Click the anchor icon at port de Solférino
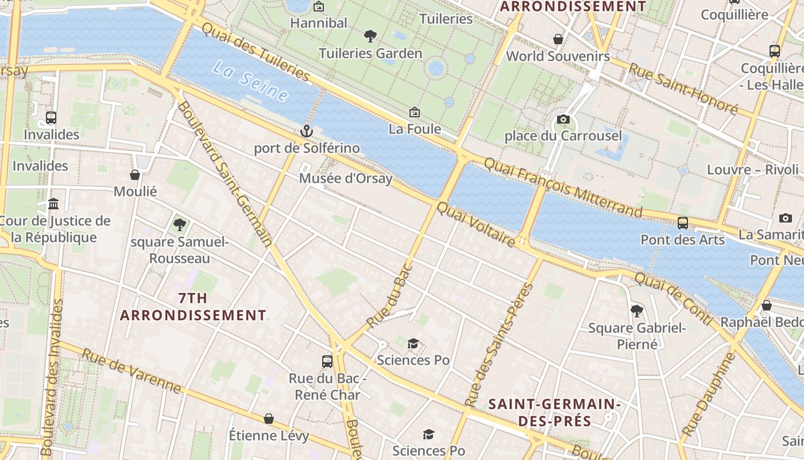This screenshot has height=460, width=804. pos(306,131)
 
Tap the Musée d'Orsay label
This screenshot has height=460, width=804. pos(345,178)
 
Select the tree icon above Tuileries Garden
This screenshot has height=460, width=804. pos(370,36)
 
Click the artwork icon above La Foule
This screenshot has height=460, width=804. pos(415,112)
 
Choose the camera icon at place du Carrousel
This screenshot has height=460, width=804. pos(563,120)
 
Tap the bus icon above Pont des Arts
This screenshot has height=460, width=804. pos(683,223)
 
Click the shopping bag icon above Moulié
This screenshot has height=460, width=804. pos(135,175)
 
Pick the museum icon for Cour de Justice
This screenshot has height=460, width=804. pos(54,204)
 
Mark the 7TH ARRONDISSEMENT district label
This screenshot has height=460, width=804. pos(193,307)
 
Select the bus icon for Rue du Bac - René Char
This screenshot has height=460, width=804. pos(327,362)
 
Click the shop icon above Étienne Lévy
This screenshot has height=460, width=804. pos(269,419)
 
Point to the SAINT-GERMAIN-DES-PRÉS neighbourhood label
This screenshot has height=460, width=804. pos(554,412)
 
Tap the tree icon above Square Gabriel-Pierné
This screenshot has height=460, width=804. pos(636,311)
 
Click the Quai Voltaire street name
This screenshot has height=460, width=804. pos(476,225)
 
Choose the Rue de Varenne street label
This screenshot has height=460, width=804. pos(132,371)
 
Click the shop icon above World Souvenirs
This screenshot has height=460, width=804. pos(558,39)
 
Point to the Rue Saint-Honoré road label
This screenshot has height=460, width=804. pos(683,88)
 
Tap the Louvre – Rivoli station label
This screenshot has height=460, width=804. pos(752,170)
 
